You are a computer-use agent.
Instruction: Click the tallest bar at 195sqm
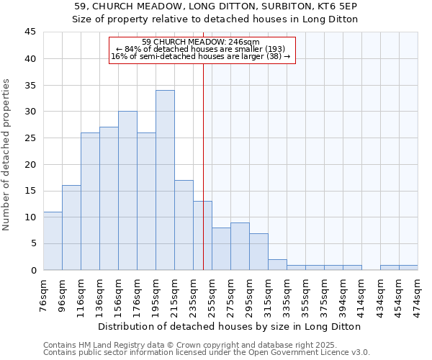pyautogui.click(x=165, y=180)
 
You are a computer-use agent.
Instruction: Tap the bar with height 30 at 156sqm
pyautogui.click(x=127, y=191)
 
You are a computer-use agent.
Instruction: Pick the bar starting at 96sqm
pyautogui.click(x=71, y=228)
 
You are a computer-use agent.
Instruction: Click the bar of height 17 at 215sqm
pyautogui.click(x=184, y=225)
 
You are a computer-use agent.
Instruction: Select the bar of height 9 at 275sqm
pyautogui.click(x=240, y=246)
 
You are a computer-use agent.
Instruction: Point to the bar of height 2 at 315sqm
pyautogui.click(x=277, y=264)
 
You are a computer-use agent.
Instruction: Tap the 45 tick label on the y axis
pyautogui.click(x=30, y=32)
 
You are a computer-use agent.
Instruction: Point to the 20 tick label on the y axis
pyautogui.click(x=30, y=164)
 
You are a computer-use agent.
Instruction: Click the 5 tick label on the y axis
pyautogui.click(x=32, y=243)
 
